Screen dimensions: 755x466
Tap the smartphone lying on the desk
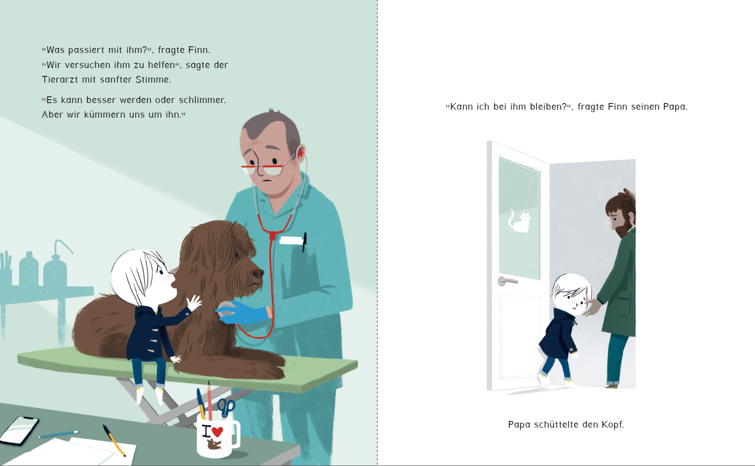click(19, 431)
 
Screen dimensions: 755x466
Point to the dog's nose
click(257, 273)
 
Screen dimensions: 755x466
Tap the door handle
click(507, 281)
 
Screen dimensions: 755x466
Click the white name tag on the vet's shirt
click(291, 240)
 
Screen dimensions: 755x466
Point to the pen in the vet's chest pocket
click(304, 242)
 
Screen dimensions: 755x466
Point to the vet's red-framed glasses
click(265, 168)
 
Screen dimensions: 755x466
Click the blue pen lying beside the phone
click(60, 434)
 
